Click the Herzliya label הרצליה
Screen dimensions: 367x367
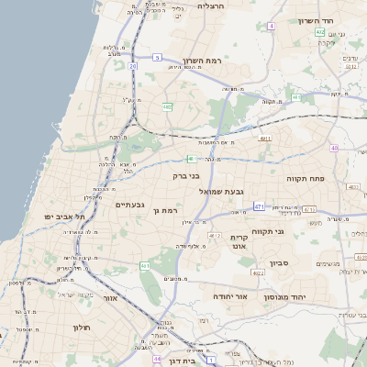click(x=237, y=6)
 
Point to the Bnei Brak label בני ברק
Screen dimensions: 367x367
click(x=186, y=175)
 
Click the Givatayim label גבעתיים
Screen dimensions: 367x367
click(x=129, y=204)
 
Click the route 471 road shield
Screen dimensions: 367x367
click(x=260, y=206)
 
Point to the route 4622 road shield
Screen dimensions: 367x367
click(x=258, y=272)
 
